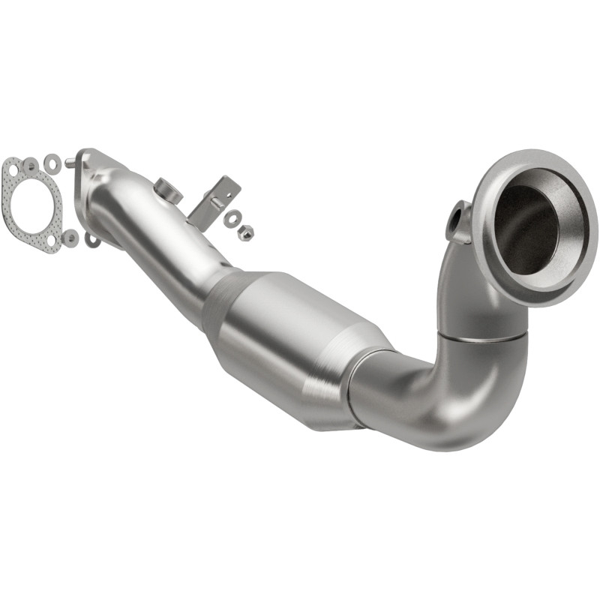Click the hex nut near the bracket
coord(244,232)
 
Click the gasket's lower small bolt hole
coord(51,241)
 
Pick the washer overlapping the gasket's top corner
coord(31,164)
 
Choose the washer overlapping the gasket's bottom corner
coord(70,238)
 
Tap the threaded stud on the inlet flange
coord(70,160)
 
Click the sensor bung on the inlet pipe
coord(168,190)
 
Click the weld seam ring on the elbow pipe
coord(484,337)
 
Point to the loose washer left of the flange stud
coord(52,162)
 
